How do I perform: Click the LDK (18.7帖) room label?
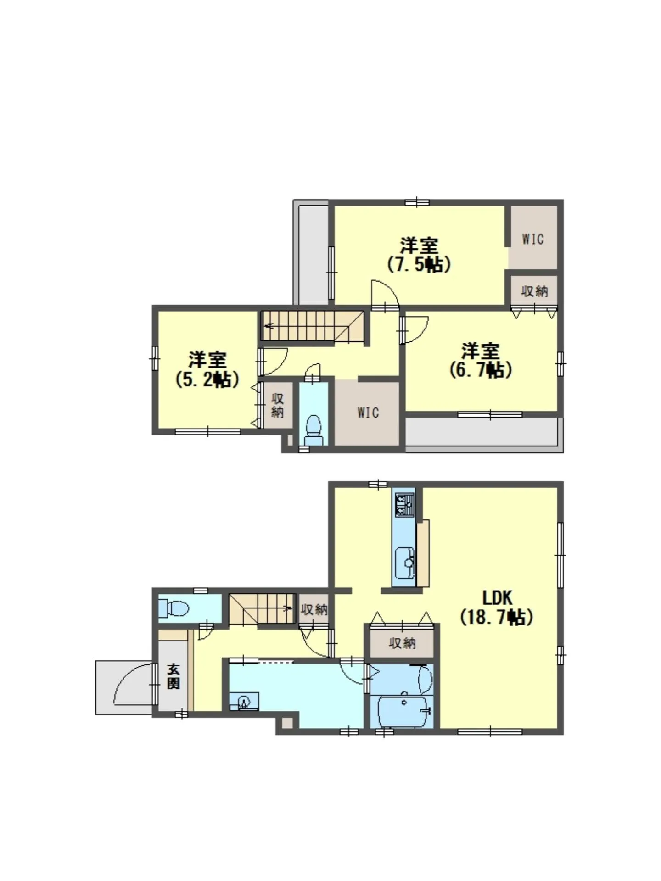click(x=497, y=608)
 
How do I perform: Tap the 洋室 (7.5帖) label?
click(x=419, y=255)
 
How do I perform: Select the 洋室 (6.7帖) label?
click(x=480, y=360)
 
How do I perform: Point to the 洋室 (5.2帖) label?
click(x=207, y=369)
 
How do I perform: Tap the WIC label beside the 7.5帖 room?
click(x=532, y=239)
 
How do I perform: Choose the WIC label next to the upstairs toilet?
click(x=368, y=413)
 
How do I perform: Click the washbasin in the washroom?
click(x=244, y=702)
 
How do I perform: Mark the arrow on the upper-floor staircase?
click(x=269, y=327)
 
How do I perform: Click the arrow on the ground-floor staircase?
click(x=288, y=608)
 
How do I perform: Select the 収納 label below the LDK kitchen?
click(x=402, y=643)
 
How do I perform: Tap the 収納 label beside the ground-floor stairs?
click(x=314, y=609)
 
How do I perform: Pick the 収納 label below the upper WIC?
click(x=534, y=291)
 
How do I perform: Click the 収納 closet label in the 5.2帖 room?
click(x=277, y=405)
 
